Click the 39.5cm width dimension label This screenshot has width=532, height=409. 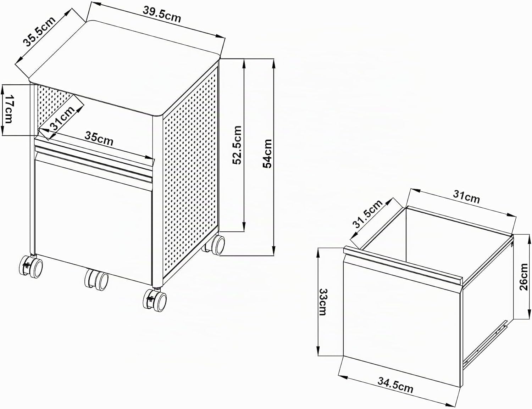click(162, 15)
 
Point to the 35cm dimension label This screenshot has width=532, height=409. click(99, 139)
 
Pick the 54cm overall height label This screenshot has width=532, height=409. click(267, 153)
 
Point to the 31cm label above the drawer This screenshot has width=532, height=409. click(466, 196)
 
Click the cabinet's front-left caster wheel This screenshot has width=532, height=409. click(31, 267)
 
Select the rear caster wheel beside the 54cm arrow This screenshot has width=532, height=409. click(215, 245)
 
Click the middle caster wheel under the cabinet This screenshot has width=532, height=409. click(96, 280)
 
